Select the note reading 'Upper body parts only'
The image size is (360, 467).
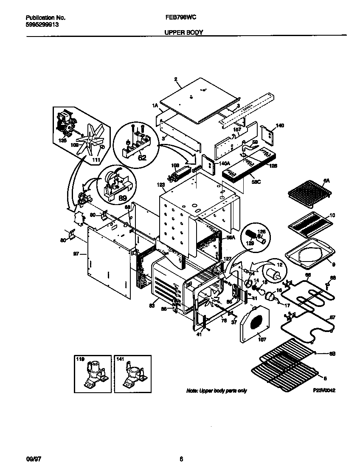[217, 391]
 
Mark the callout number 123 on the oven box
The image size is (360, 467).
[160, 185]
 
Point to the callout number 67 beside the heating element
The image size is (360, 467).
[332, 317]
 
